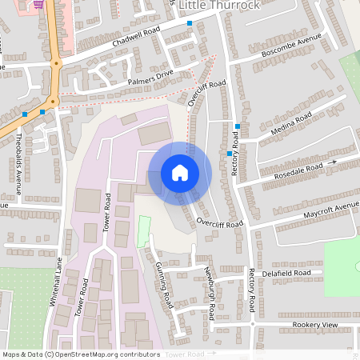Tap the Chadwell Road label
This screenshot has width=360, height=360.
tap(136, 36)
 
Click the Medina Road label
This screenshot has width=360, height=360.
tap(291, 126)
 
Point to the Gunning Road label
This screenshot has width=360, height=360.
tap(164, 283)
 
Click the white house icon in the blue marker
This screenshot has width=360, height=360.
tap(180, 173)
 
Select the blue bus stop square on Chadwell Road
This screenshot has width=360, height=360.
tap(190, 24)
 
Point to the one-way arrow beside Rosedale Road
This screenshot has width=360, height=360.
tap(333, 162)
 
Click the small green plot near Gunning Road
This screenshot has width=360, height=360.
tap(144, 230)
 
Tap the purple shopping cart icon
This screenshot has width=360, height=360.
tap(38, 3)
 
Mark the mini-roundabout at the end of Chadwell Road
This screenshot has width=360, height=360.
tap(56, 62)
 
